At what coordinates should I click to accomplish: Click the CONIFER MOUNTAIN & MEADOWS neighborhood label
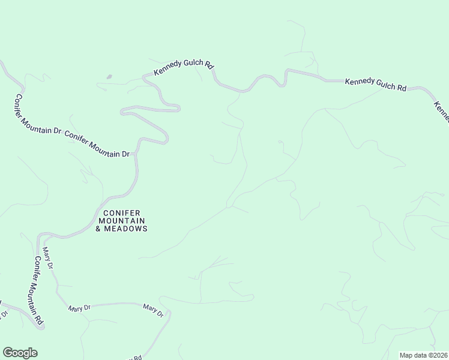[x=122, y=221]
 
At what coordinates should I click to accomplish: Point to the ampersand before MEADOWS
[x=98, y=229]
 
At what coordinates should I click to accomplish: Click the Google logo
[x=20, y=353]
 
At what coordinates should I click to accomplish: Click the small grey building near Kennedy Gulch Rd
[x=109, y=77]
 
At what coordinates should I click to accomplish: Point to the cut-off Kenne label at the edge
[x=442, y=111]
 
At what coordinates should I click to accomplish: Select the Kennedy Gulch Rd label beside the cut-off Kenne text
[x=376, y=84]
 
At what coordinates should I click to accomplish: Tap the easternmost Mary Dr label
[x=153, y=310]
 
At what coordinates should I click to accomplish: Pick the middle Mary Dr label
[x=79, y=307]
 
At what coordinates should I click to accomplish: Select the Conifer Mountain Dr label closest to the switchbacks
[x=97, y=145]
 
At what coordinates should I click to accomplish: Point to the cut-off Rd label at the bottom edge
[x=135, y=358]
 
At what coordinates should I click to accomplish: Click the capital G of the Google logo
[x=8, y=353]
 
